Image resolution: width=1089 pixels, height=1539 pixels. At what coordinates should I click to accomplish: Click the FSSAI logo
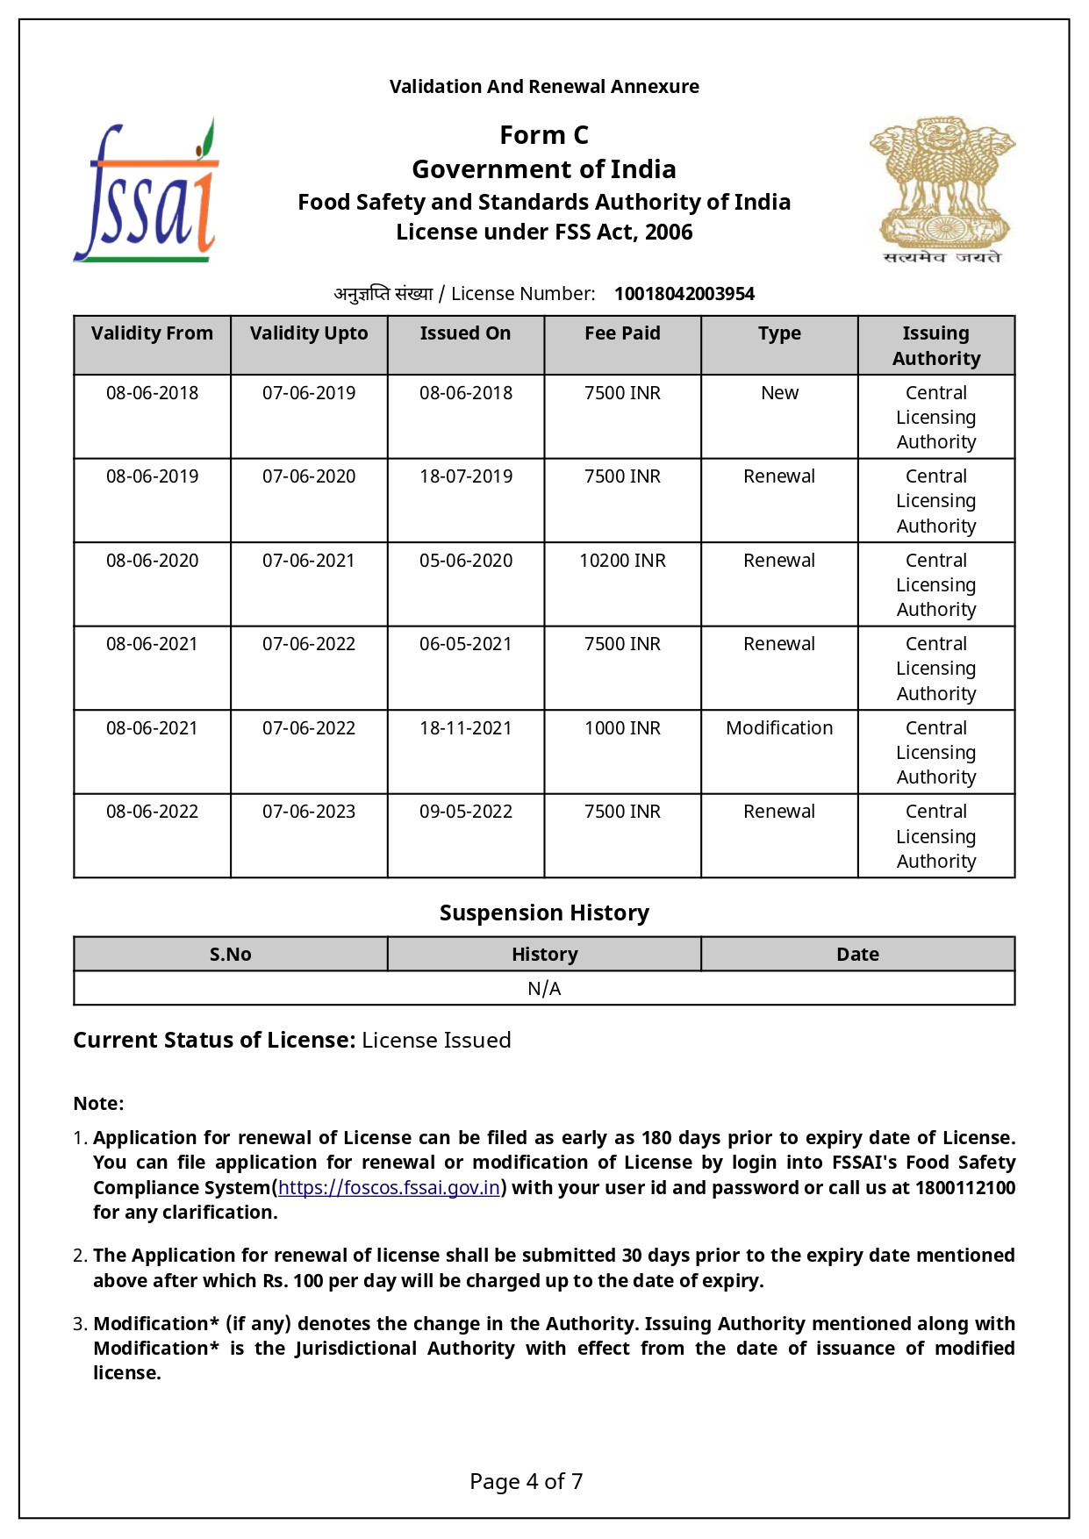(x=147, y=191)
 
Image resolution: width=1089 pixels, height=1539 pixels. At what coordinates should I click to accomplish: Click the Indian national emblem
(x=942, y=190)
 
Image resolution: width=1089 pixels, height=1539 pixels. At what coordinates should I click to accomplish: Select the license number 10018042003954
(x=684, y=294)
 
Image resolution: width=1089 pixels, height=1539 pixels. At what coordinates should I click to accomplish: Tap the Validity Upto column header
(x=309, y=333)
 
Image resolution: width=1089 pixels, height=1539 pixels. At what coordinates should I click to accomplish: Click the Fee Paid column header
(x=622, y=333)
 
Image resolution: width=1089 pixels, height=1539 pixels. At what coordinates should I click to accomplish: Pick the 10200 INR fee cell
(x=622, y=561)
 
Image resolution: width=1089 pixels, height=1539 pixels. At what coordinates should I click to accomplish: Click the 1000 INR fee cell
(x=622, y=728)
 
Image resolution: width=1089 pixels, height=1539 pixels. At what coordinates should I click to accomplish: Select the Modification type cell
(x=779, y=728)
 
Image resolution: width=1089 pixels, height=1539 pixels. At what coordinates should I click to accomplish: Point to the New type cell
(x=779, y=393)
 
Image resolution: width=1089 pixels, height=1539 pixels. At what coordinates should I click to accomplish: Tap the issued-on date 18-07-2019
(x=466, y=476)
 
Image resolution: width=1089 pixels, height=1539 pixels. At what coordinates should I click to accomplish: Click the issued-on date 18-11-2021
(x=466, y=728)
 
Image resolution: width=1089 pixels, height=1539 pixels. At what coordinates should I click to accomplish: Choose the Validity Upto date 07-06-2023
(x=309, y=812)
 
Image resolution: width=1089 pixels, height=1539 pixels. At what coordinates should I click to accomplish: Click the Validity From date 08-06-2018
(x=152, y=393)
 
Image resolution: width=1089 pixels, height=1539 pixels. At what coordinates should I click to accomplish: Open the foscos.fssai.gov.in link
(x=389, y=1188)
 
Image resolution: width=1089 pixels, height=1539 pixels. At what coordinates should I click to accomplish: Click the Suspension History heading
(x=544, y=913)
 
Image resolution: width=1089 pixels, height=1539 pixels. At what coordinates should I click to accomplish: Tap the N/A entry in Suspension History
(x=544, y=989)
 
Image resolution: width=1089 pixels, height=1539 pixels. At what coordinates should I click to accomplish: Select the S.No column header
(x=230, y=955)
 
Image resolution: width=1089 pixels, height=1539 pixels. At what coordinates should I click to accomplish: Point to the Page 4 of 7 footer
(x=527, y=1482)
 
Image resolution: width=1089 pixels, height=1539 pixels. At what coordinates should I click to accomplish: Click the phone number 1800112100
(x=964, y=1188)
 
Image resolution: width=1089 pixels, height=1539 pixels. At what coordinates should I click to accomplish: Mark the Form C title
(x=544, y=135)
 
